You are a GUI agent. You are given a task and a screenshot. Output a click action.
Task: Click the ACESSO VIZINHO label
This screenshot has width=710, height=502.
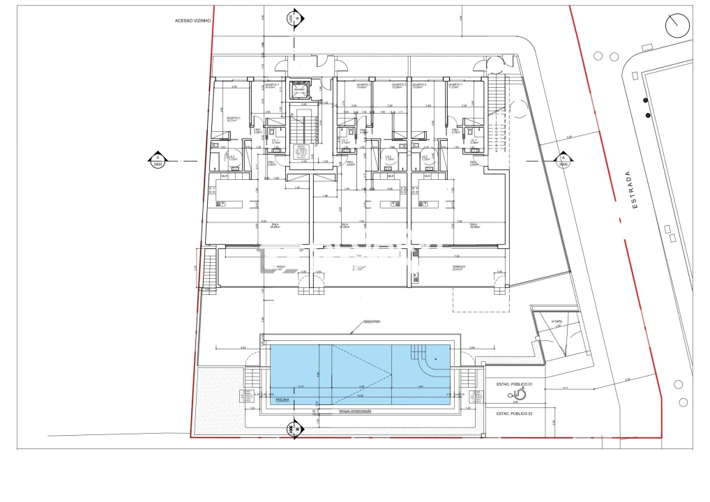[x=192, y=21]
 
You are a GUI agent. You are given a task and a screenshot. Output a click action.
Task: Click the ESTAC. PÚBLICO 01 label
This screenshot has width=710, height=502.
[x=514, y=384]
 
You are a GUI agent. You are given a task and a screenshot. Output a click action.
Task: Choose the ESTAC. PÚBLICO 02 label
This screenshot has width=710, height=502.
[x=514, y=413]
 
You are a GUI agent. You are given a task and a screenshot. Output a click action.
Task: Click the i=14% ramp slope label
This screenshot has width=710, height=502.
[x=556, y=321]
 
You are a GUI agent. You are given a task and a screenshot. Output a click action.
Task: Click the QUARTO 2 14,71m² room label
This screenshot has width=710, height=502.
[x=233, y=119]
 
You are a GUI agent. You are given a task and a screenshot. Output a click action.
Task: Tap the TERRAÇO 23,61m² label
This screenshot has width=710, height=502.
[x=458, y=268]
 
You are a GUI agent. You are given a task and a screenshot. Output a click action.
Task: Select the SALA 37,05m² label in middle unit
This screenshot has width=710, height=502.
[x=344, y=225]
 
